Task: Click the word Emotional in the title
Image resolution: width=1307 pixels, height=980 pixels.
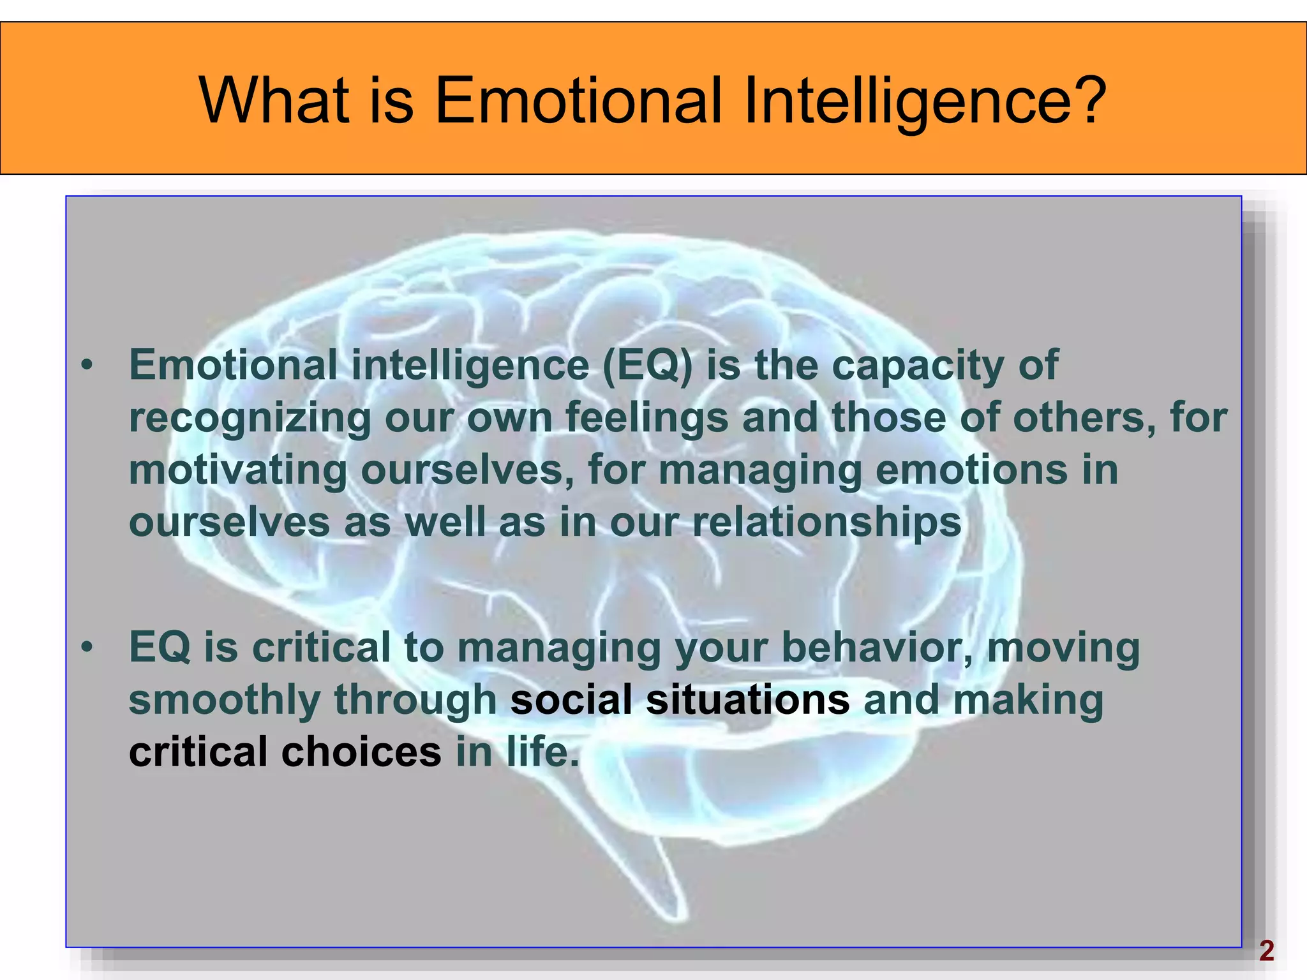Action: pos(578,100)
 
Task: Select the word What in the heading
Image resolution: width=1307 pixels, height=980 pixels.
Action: pos(274,100)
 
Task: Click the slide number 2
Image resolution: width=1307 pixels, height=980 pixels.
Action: pos(1266,951)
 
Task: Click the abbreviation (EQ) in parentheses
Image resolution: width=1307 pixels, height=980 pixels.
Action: pos(647,366)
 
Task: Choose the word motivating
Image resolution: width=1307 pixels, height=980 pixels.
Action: pos(238,471)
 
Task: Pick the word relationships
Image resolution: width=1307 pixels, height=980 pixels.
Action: pos(826,523)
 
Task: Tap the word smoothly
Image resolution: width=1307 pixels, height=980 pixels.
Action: pos(225,701)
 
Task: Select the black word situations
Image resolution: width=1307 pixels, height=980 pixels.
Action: pos(747,699)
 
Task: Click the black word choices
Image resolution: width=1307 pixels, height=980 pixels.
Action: pos(361,752)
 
